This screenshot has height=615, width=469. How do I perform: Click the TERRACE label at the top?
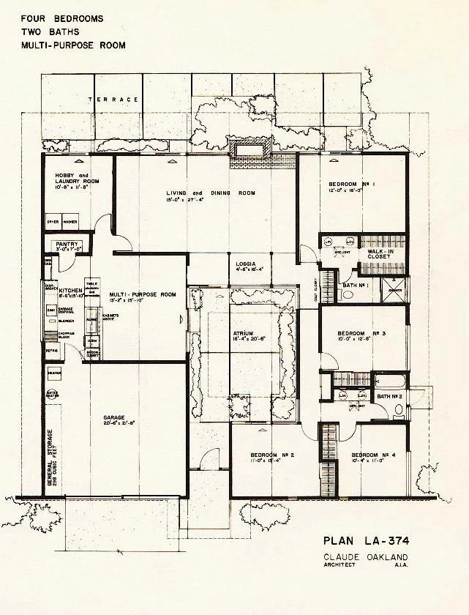point(113,99)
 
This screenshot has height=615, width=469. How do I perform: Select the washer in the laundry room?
point(70,221)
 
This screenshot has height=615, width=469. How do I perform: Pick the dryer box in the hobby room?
point(53,221)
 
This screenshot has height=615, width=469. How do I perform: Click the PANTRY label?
point(67,245)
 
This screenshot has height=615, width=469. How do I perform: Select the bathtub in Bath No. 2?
point(387,381)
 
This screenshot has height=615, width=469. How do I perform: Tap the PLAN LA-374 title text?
point(365,543)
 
